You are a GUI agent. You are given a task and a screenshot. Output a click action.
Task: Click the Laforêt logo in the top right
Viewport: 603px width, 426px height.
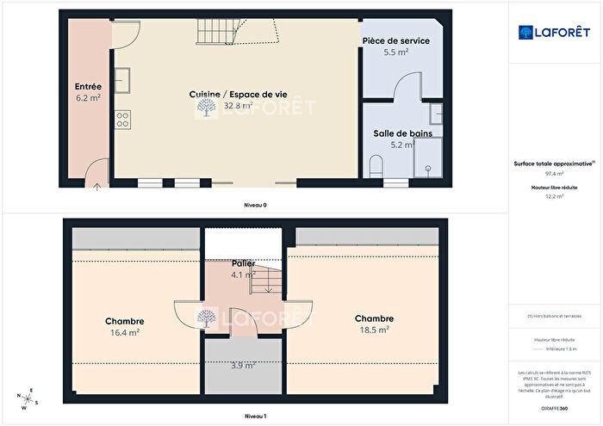click(x=554, y=32)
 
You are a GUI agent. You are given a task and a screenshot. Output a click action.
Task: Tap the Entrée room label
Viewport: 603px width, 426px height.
click(x=89, y=86)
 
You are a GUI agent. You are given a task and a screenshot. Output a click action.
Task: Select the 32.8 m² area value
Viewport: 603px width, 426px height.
click(x=232, y=106)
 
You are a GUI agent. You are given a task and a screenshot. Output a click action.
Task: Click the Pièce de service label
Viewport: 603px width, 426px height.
click(x=395, y=40)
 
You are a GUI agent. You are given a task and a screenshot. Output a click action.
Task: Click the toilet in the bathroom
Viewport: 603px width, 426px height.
click(x=375, y=166)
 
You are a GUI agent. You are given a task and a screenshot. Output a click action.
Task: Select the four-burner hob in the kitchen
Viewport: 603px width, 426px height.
click(x=122, y=119)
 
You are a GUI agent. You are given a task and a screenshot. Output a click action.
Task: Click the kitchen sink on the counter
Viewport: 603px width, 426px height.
click(x=123, y=78)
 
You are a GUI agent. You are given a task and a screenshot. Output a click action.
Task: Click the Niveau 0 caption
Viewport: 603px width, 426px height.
click(x=255, y=206)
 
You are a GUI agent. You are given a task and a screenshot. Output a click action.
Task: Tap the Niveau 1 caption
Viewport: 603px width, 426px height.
click(x=255, y=416)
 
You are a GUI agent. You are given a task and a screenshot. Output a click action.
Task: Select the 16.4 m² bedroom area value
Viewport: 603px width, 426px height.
click(x=125, y=332)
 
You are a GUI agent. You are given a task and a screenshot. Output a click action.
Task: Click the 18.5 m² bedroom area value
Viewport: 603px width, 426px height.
click(x=373, y=329)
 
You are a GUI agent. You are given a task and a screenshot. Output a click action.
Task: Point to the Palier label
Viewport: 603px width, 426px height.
click(x=243, y=262)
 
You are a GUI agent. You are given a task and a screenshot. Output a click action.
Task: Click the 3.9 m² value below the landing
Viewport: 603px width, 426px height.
click(x=244, y=366)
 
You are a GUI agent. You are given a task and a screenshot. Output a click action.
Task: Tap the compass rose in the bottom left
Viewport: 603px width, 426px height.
click(x=28, y=400)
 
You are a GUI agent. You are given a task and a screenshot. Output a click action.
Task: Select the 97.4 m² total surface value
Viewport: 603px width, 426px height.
click(x=554, y=173)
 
